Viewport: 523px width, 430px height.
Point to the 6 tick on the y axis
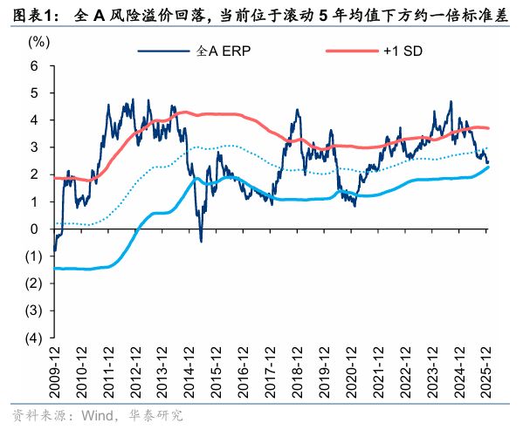coord(34,66)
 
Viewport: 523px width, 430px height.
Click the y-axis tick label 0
coord(34,229)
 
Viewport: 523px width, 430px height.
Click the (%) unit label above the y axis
coord(38,41)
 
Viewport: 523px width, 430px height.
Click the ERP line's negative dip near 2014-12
coord(201,240)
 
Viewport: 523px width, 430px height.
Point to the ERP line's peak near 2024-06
coord(451,102)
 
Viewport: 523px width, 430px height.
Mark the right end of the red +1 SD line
coord(488,129)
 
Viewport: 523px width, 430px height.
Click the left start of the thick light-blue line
coord(54,268)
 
